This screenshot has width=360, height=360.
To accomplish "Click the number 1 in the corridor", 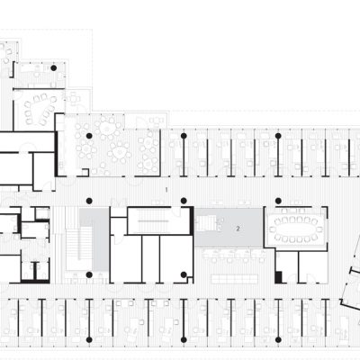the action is [x=166, y=190].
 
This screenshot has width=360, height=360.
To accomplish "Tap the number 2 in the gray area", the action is [x=238, y=229].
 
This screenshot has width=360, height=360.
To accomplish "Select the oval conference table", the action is [x=295, y=229].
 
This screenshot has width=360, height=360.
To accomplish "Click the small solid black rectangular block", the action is [x=279, y=277].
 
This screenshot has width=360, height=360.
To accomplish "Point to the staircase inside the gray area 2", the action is [x=208, y=223].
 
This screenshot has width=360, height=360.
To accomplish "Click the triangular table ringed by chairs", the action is [x=40, y=109].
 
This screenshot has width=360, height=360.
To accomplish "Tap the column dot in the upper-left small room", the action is [x=53, y=68].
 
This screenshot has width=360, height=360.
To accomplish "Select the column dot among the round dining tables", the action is [x=89, y=136].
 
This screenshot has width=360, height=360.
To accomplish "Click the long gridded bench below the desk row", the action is [x=235, y=279].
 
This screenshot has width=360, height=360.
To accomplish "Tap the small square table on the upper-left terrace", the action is [x=73, y=98].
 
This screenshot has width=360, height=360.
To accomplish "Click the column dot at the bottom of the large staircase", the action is [x=89, y=274].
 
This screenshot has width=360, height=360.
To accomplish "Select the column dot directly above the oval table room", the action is [x=278, y=201].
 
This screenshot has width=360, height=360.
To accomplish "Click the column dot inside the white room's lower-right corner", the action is [x=184, y=274].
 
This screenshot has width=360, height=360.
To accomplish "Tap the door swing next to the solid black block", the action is [x=291, y=278].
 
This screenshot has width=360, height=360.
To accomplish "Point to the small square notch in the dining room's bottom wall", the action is [x=85, y=172].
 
